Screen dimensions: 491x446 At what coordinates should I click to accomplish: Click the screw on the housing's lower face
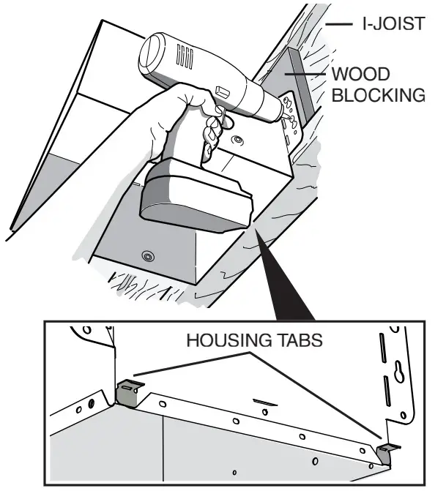[x=149, y=256]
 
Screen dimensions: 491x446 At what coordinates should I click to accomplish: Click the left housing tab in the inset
[x=128, y=392]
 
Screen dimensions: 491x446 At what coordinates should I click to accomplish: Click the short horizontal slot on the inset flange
[x=266, y=401]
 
